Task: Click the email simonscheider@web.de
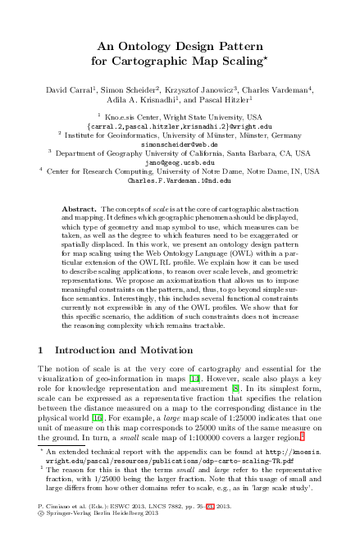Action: click(180, 143)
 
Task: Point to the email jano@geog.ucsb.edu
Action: click(180, 162)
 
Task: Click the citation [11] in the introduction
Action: click(194, 379)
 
